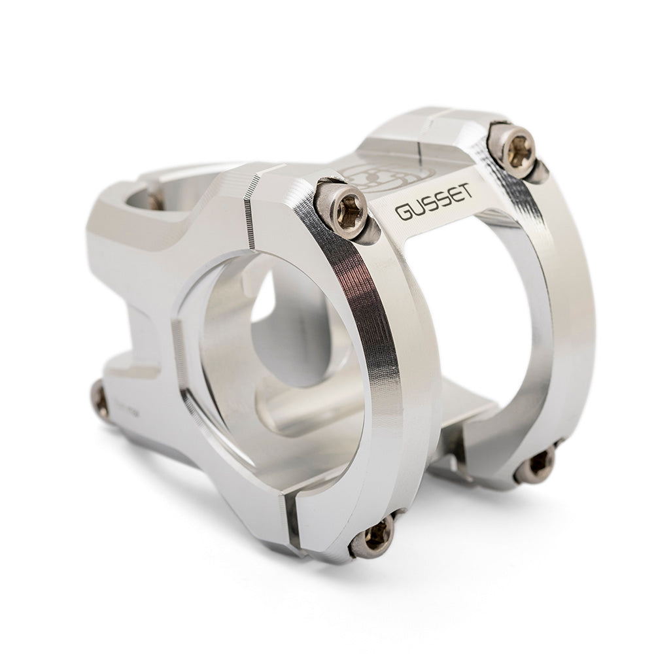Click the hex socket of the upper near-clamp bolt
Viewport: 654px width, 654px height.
[x=344, y=208]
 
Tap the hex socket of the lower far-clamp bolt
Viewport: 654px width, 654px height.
[x=538, y=463]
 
